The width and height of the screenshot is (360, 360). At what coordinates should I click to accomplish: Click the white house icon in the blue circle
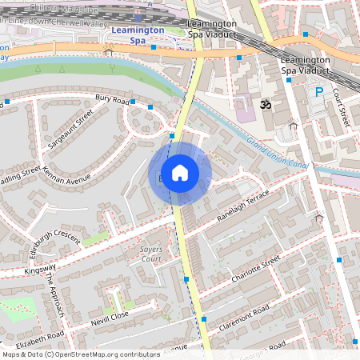click(x=180, y=173)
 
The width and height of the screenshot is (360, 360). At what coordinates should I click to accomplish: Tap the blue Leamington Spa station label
click(x=138, y=34)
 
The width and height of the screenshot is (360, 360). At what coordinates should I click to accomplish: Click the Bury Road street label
click(x=112, y=101)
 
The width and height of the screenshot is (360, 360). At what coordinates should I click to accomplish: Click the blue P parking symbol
click(x=318, y=93)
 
